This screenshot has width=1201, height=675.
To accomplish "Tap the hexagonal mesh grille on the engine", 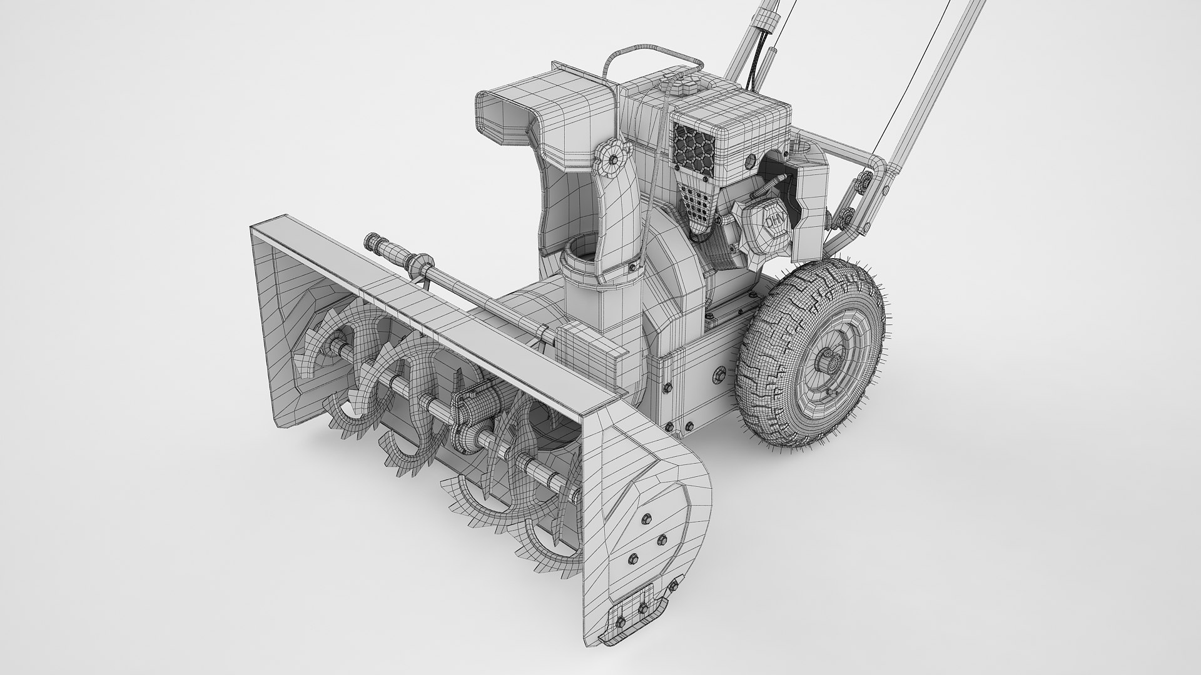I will coord(694,148).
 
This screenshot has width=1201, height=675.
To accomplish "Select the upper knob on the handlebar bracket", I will coord(866,181).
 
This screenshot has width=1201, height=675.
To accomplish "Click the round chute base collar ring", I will coord(580,256).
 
